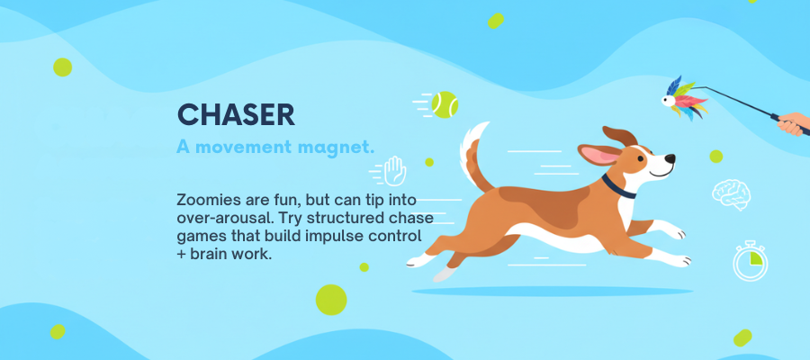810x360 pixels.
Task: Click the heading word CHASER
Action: pos(236,114)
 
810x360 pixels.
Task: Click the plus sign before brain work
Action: pos(181,255)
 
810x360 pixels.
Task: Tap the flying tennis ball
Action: pos(445,104)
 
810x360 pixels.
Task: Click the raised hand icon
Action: pos(395,170)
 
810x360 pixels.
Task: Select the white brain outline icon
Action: pos(731,193)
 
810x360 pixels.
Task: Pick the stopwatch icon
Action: pos(750,261)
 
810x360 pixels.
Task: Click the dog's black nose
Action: pos(670,158)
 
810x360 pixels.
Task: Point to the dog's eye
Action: pos(641,159)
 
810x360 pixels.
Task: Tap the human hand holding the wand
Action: pos(794,124)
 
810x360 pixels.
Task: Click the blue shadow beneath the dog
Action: pos(552,292)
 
